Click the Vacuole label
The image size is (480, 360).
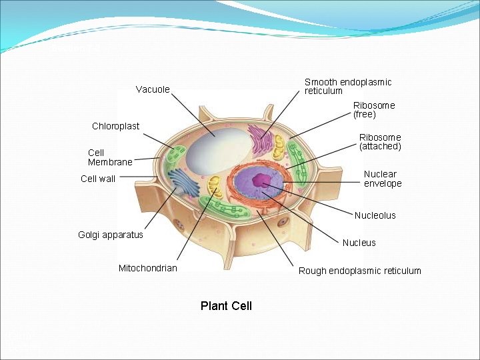(x=153, y=89)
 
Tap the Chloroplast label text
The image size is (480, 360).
(x=115, y=126)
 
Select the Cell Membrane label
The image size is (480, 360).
(x=110, y=157)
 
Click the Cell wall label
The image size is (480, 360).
(x=98, y=179)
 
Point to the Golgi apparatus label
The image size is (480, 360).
(x=110, y=235)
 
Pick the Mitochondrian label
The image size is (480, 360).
(x=148, y=268)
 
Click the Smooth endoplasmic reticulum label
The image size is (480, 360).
(x=347, y=86)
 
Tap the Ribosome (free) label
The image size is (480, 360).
(x=373, y=110)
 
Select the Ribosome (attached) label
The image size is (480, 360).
(x=380, y=141)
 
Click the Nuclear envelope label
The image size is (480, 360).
(x=382, y=179)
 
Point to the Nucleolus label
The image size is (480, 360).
(x=375, y=215)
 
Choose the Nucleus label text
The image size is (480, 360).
(x=359, y=243)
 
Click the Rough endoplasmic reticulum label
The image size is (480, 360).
(x=359, y=271)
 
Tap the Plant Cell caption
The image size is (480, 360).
(x=226, y=306)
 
